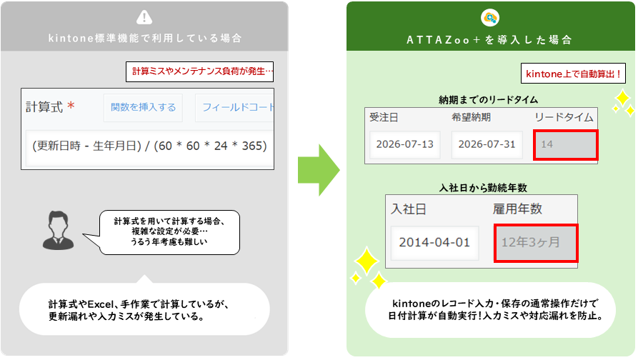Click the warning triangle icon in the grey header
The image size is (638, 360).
(144, 17)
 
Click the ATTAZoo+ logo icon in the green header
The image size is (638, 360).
(490, 17)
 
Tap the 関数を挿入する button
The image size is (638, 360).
(143, 107)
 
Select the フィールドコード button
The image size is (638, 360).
(235, 107)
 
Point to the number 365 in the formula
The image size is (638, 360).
(254, 146)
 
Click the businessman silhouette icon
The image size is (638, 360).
(58, 230)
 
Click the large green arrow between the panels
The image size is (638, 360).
(319, 170)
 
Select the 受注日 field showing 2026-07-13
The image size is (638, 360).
(405, 144)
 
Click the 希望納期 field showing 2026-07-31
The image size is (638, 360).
(487, 144)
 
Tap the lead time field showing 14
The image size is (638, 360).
(566, 145)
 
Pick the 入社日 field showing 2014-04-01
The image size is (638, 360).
(434, 243)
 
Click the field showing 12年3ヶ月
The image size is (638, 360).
(536, 243)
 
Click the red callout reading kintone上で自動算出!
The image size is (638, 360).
(573, 74)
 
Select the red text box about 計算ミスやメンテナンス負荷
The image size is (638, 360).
(199, 71)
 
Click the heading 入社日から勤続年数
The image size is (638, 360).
(483, 188)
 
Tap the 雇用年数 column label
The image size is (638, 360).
(517, 209)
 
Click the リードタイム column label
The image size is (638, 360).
(564, 118)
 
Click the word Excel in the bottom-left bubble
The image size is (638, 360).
(100, 304)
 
